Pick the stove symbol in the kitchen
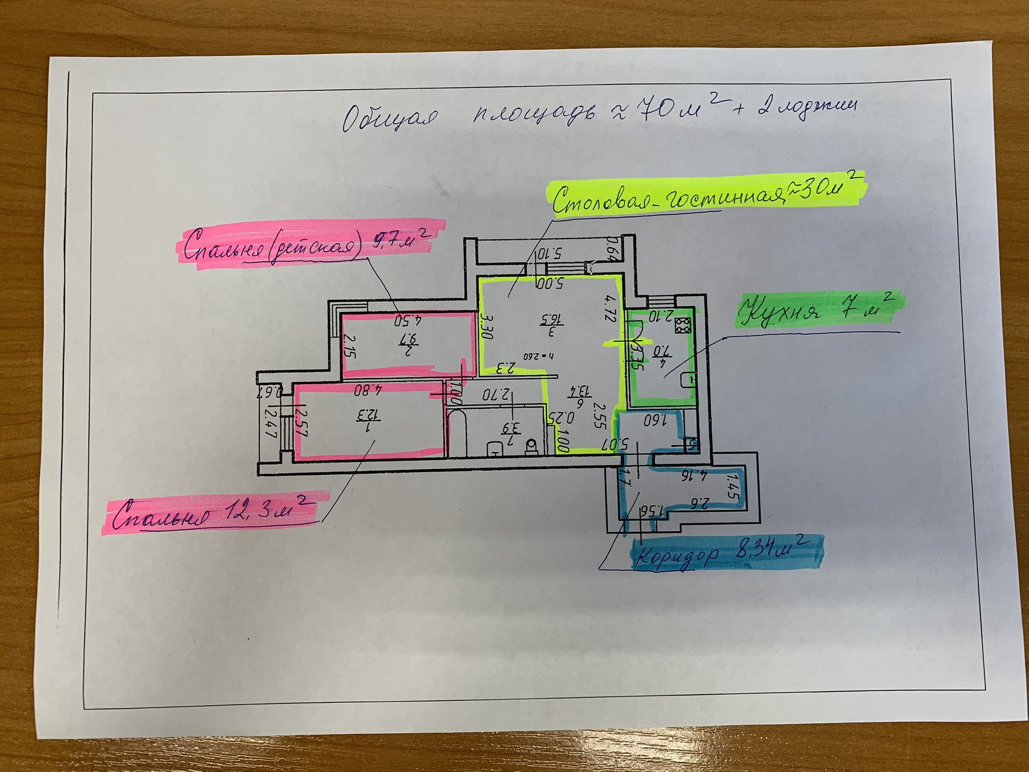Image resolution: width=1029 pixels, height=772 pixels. [683, 325]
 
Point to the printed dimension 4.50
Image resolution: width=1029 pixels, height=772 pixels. [408, 321]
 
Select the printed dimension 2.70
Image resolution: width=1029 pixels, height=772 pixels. [495, 395]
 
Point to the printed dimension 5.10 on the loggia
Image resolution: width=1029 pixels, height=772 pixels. [550, 253]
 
